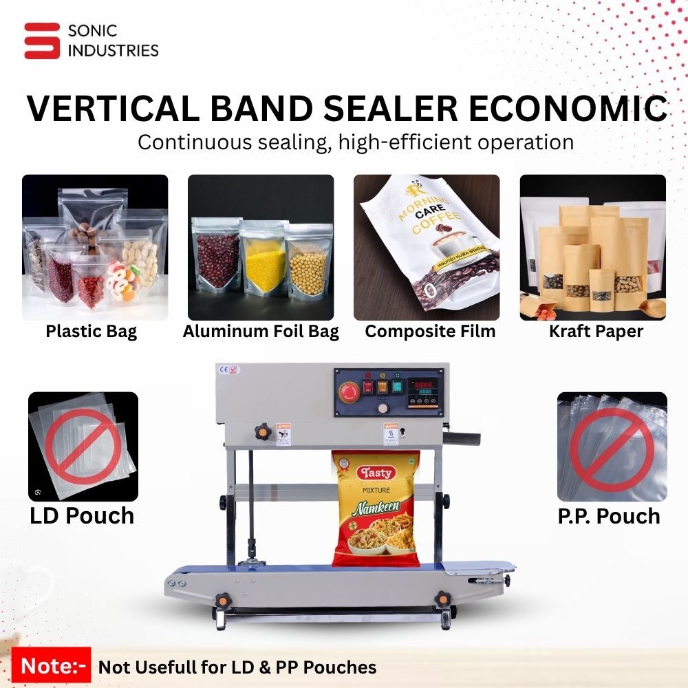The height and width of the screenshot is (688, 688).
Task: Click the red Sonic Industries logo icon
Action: point(42,41)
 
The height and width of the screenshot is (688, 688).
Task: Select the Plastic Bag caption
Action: point(92,332)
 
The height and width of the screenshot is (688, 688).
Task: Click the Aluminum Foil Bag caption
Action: point(261,332)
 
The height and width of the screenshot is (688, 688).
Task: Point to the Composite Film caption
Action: point(430,332)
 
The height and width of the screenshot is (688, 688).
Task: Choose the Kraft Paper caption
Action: point(596,332)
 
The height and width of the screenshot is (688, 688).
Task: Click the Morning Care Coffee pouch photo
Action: point(427,247)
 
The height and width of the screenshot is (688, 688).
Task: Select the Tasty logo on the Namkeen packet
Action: point(376,473)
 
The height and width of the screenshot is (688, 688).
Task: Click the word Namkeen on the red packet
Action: point(374,510)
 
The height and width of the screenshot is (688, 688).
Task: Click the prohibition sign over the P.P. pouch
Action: point(612,447)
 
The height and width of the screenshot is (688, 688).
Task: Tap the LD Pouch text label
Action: point(82,515)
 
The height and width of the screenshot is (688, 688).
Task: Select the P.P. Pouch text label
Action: point(609,516)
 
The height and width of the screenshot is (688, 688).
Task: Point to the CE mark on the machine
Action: point(224,369)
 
